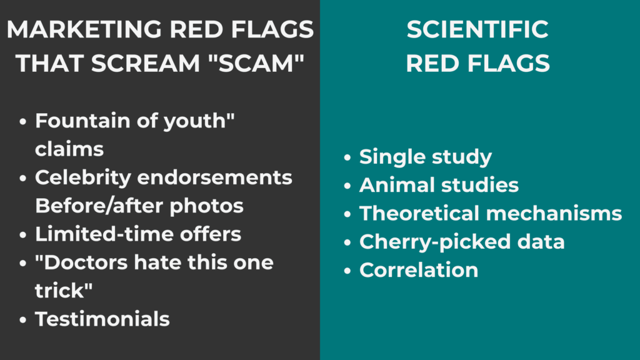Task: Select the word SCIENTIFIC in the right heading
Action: [477, 29]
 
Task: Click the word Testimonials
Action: [102, 319]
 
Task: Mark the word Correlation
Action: [419, 270]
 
